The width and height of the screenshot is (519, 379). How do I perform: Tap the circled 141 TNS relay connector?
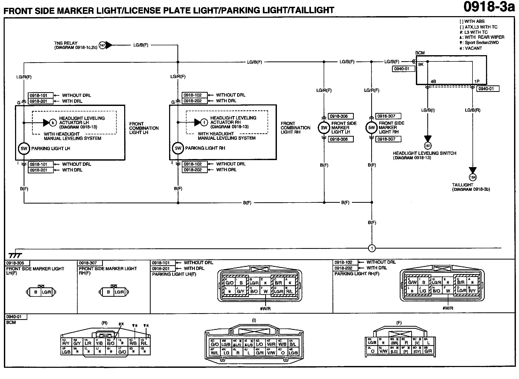tap(102, 45)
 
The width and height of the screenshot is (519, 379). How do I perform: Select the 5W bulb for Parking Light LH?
tap(24, 149)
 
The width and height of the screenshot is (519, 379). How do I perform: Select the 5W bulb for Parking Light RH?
tap(178, 148)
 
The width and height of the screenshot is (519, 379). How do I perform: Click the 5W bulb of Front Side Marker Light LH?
tap(324, 128)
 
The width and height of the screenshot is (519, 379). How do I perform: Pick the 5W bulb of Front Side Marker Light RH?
tap(372, 128)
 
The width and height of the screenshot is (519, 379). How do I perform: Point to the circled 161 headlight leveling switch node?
tap(428, 146)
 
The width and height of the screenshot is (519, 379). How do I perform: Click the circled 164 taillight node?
tap(473, 177)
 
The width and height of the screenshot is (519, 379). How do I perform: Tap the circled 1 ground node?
tap(372, 248)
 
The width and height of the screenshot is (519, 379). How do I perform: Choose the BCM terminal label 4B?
tap(433, 81)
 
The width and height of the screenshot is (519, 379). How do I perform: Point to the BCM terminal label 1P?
tap(477, 81)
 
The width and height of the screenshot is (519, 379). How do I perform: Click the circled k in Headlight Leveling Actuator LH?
tap(53, 122)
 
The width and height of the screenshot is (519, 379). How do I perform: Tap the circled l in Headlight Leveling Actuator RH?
tap(204, 122)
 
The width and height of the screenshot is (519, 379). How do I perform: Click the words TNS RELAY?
tap(66, 43)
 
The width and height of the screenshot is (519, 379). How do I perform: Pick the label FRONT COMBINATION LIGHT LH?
tap(144, 128)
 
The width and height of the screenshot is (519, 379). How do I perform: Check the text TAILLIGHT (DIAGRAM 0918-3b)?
tap(471, 187)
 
